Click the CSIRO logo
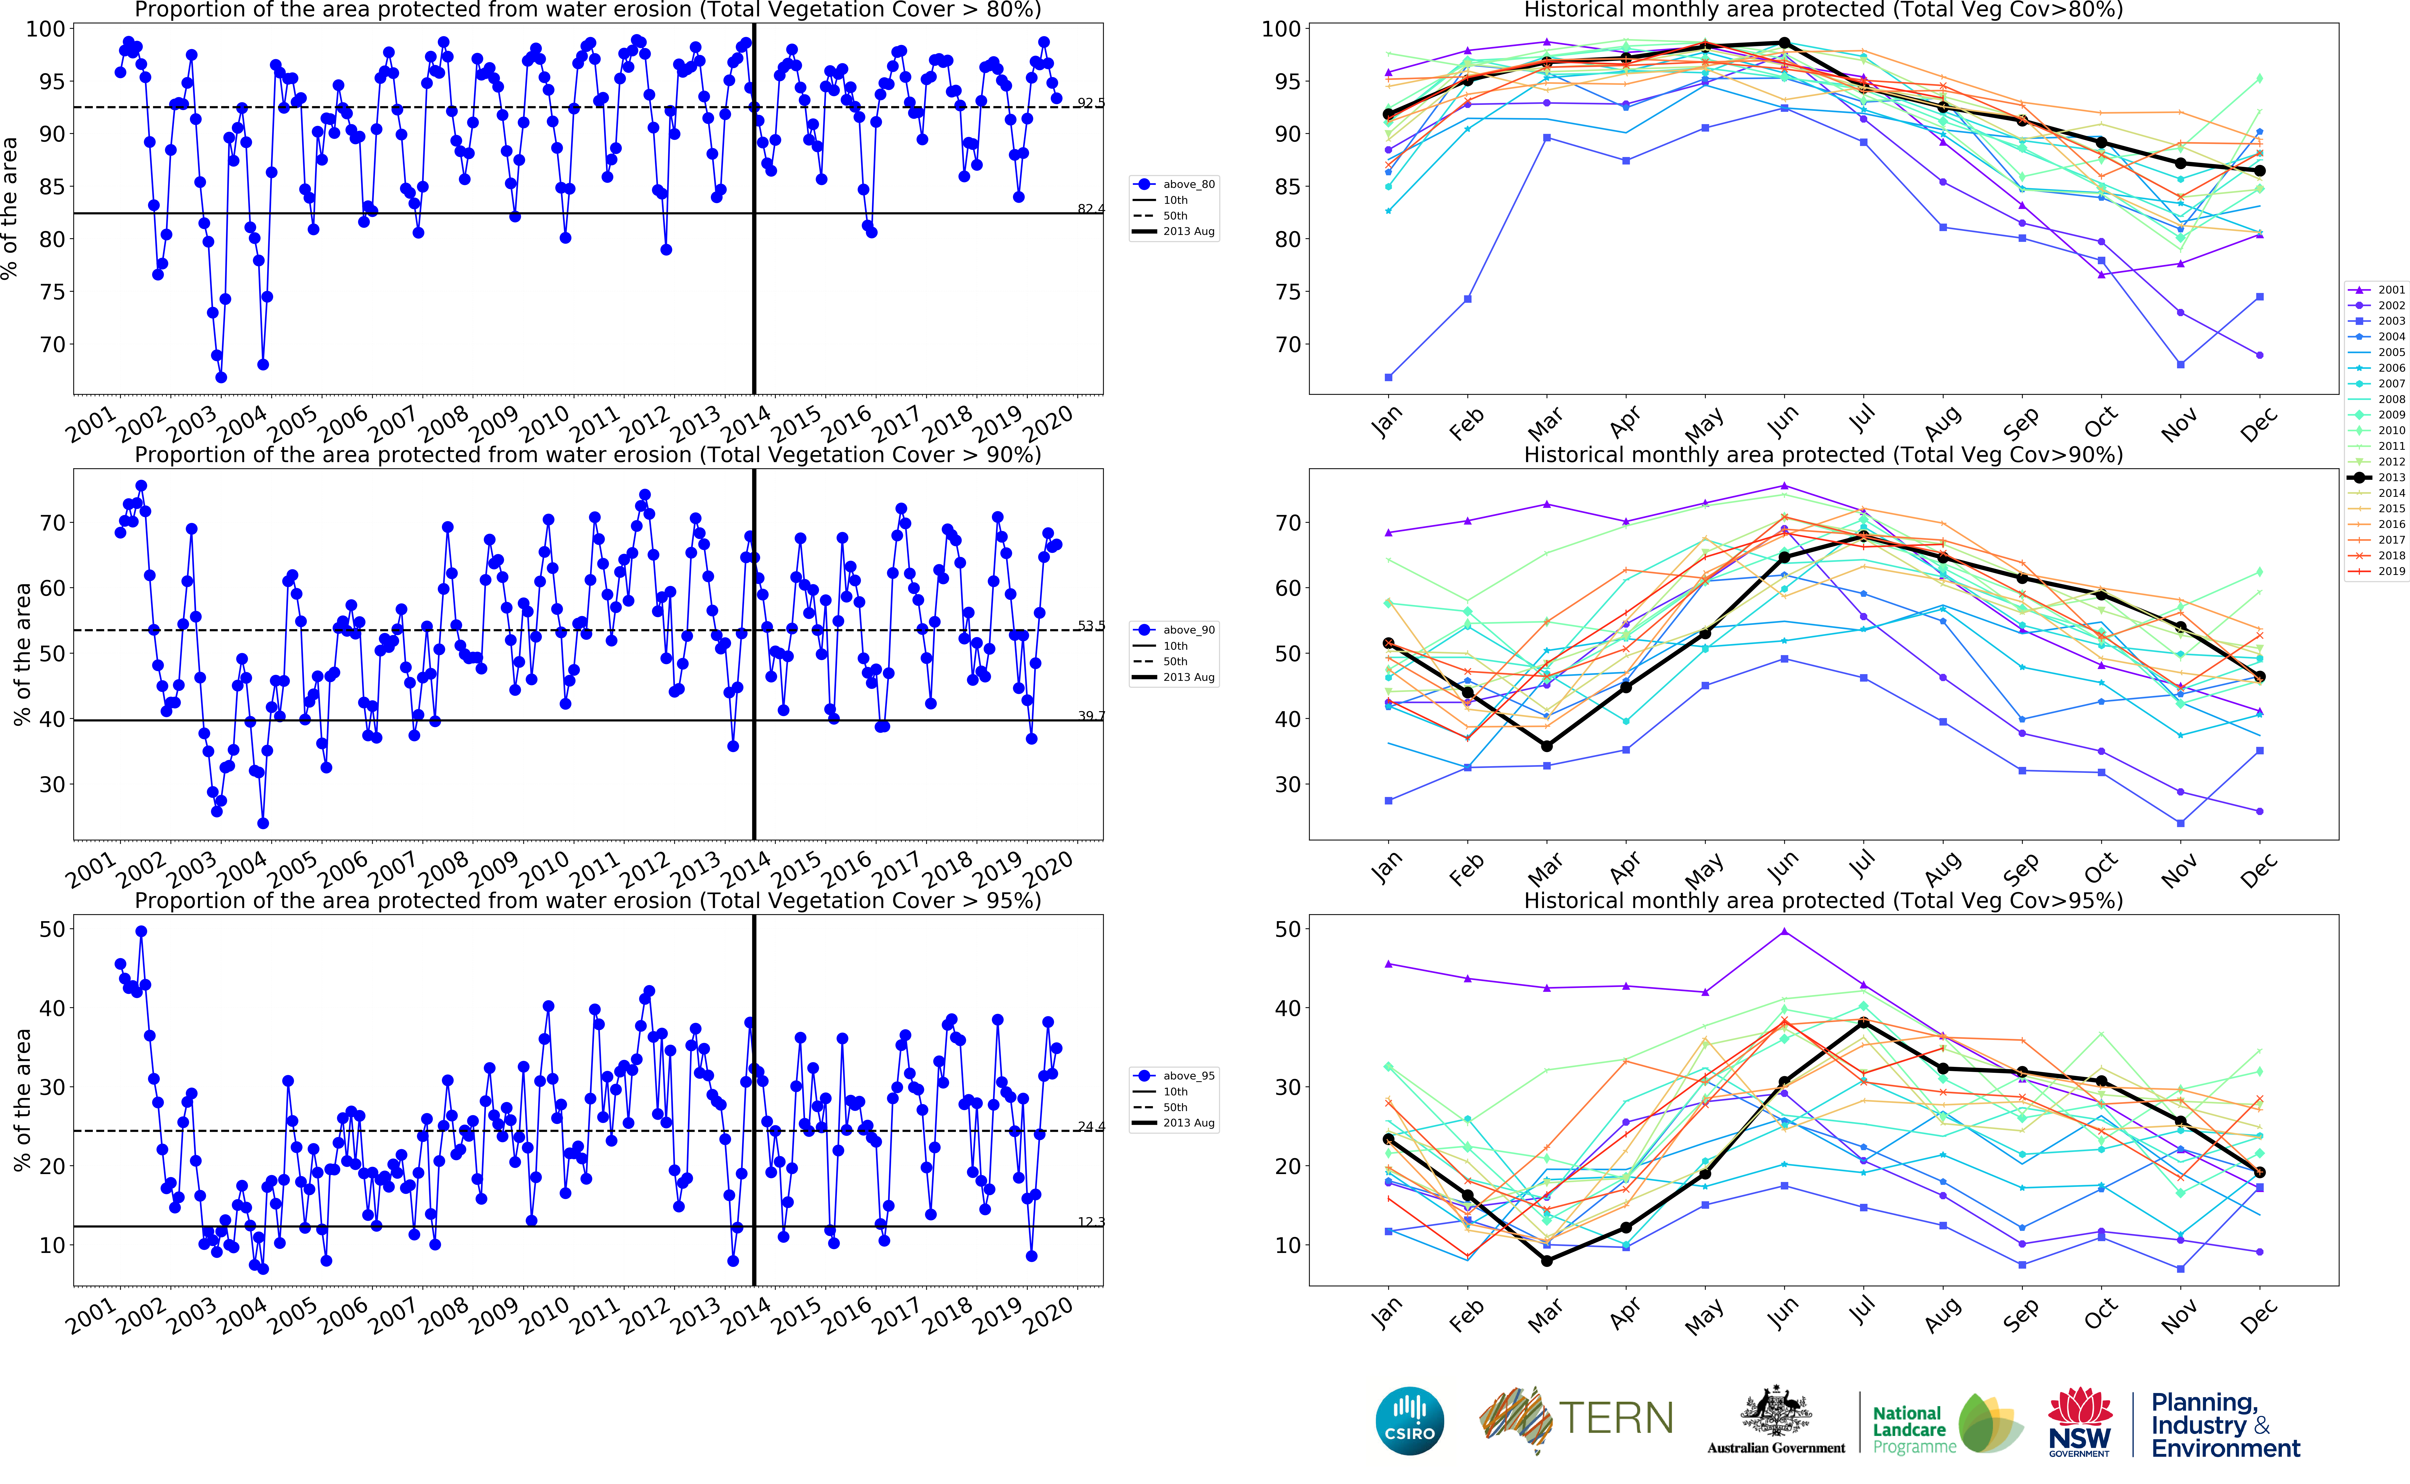pos(1410,1420)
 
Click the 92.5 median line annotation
pos(1090,102)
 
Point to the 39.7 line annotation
pos(1090,716)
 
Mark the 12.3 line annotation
pos(1090,1222)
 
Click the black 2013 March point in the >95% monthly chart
pos(1547,1260)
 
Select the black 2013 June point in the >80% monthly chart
pos(1785,43)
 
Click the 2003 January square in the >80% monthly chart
pos(1388,377)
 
